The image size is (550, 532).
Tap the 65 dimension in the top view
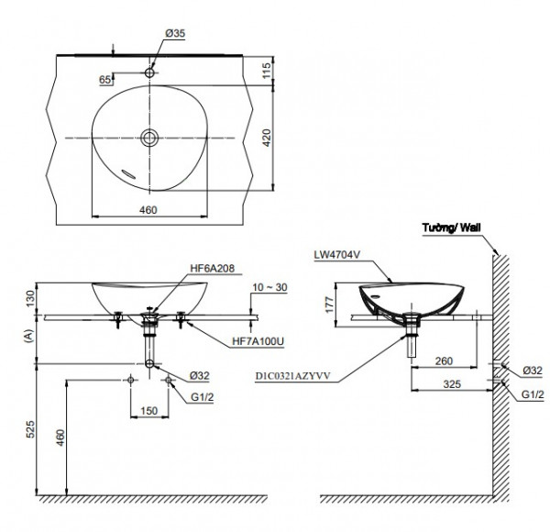click(105, 80)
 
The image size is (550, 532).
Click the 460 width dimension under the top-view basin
click(148, 210)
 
